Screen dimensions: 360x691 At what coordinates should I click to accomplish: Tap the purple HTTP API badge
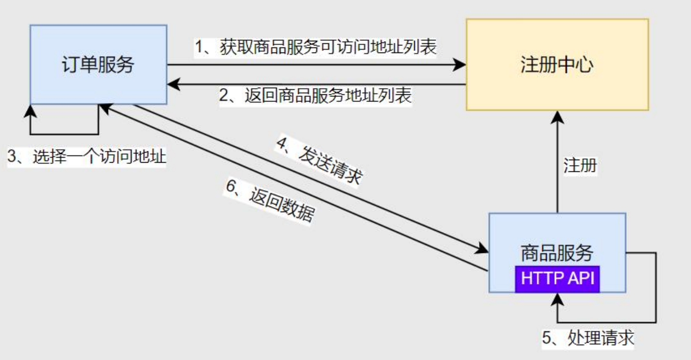[x=557, y=279]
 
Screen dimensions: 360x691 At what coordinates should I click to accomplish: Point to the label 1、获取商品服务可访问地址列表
[x=316, y=47]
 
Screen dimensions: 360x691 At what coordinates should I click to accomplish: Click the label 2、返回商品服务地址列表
[x=316, y=95]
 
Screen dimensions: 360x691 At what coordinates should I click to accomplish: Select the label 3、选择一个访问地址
[x=87, y=157]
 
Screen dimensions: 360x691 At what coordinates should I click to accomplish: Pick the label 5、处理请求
[x=588, y=339]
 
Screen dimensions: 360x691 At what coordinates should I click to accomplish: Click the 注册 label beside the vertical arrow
[x=580, y=165]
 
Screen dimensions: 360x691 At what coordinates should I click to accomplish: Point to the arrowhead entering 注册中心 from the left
[x=461, y=65]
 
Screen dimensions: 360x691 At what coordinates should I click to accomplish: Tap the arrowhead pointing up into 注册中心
[x=557, y=116]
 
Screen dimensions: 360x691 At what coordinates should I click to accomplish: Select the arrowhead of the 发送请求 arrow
[x=482, y=249]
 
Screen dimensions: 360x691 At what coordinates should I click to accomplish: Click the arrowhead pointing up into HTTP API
[x=557, y=300]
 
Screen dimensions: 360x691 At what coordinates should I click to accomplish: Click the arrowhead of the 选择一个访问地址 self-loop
[x=31, y=110]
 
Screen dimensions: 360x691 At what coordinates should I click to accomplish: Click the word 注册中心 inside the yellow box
[x=557, y=65]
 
